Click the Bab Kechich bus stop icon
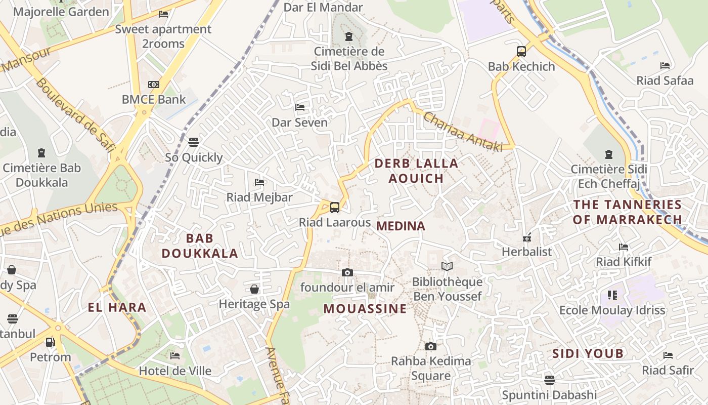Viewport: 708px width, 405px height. (x=521, y=51)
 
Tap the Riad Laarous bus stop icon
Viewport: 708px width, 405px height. (x=334, y=207)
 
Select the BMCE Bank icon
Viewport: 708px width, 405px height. (x=154, y=85)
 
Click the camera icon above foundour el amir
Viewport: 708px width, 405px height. (x=347, y=272)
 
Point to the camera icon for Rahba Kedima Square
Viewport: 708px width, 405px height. (x=430, y=346)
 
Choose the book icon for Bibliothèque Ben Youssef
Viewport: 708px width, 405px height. (x=447, y=266)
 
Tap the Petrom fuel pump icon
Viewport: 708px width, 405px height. (x=50, y=342)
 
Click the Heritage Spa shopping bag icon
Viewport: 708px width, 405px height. (x=254, y=289)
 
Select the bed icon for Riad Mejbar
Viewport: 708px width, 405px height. (x=259, y=182)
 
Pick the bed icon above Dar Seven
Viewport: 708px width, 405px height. (x=300, y=107)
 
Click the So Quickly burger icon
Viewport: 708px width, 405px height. (x=194, y=142)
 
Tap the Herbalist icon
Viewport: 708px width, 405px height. (x=527, y=237)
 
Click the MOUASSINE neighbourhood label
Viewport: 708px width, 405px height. (x=365, y=309)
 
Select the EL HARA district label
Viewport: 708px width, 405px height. (x=117, y=307)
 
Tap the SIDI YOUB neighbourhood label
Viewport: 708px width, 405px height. (x=588, y=353)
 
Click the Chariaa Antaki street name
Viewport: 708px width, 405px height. (x=463, y=132)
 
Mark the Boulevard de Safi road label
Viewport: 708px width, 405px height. (x=75, y=115)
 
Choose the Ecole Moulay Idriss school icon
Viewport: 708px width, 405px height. (x=612, y=295)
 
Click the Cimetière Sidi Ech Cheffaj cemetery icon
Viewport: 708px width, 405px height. (x=609, y=154)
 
